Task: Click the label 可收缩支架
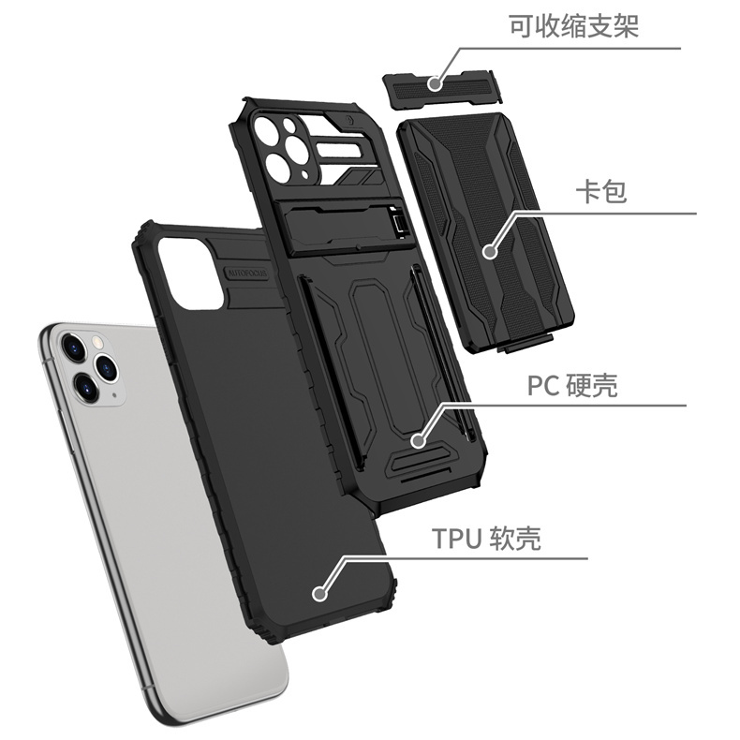coord(573,25)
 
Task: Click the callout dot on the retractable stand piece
coord(435,83)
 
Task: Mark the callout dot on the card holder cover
coord(489,251)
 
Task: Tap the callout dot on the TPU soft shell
coord(320,593)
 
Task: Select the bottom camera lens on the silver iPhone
coord(83,382)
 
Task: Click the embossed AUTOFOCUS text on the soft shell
coord(246,274)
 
